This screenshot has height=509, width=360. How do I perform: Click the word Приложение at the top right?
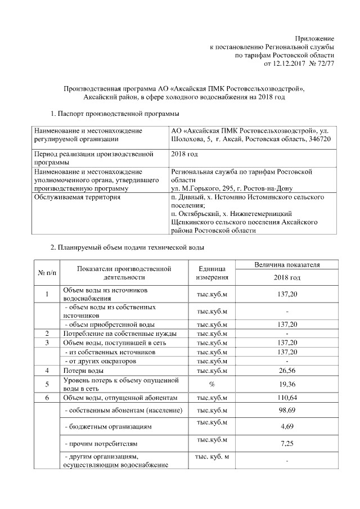pos(316,37)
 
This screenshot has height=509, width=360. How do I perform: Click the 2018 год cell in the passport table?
pos(184,153)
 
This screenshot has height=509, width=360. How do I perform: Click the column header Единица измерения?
pos(211,273)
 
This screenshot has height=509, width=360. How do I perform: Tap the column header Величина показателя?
pos(287,264)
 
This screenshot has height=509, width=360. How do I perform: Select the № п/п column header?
pos(47,273)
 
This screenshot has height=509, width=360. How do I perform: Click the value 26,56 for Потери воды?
pos(287,371)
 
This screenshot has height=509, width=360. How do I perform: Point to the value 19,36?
pos(287,384)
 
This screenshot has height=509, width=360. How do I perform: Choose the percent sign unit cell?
pos(211,384)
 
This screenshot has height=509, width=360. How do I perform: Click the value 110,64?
pos(287,398)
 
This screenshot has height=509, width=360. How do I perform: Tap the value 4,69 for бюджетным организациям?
pos(287,427)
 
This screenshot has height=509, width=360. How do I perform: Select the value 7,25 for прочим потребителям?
pos(287,444)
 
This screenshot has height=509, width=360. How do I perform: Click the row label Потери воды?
pos(83,371)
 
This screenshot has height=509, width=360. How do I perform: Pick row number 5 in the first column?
pos(47,384)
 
